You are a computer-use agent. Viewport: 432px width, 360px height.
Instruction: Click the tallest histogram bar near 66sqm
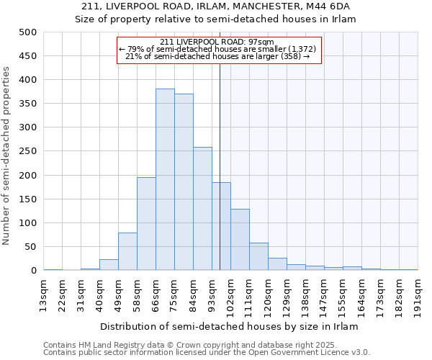coord(165,180)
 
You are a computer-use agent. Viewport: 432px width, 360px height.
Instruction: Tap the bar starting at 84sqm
coord(202,209)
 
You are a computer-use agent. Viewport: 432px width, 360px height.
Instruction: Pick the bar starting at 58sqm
coord(146,224)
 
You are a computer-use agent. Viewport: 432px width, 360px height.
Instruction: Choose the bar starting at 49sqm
coord(127,252)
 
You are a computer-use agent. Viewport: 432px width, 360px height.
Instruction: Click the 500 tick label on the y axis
coord(28,32)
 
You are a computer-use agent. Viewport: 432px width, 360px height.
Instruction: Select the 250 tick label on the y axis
coord(28,152)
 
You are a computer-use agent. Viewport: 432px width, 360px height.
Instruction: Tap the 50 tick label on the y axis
coord(31,247)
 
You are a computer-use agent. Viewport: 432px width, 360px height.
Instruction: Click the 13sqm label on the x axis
coord(44,294)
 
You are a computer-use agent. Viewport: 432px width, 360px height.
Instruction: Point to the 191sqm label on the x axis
coord(418,294)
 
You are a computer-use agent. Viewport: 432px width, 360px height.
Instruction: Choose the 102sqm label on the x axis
coord(231,294)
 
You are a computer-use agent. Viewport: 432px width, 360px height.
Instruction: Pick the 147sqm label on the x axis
coord(325,294)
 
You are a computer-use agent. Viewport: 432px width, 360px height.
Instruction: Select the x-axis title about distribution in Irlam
coord(228,326)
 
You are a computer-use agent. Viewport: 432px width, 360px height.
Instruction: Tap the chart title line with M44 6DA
coord(216,6)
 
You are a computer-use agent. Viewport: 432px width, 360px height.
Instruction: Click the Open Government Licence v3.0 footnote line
coord(207,353)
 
